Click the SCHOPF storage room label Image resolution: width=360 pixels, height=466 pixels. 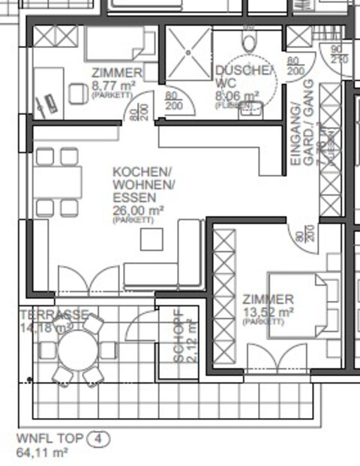point(178,337)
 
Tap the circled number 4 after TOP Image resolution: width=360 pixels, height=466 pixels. point(98,439)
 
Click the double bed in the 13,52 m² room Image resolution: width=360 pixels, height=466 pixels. point(301,306)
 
